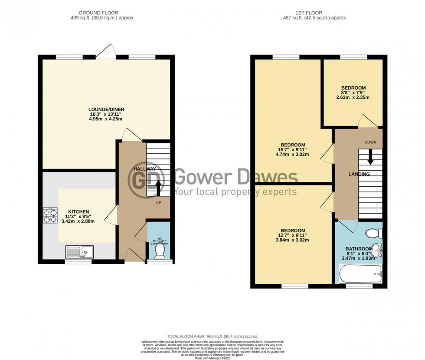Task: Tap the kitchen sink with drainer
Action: [x=79, y=252]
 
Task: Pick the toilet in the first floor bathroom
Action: [x=374, y=234]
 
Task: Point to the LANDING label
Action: [x=359, y=174]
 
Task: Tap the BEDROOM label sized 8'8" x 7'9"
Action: [x=353, y=88]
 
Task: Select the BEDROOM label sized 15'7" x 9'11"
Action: [x=293, y=145]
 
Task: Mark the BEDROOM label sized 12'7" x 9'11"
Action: [x=293, y=230]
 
